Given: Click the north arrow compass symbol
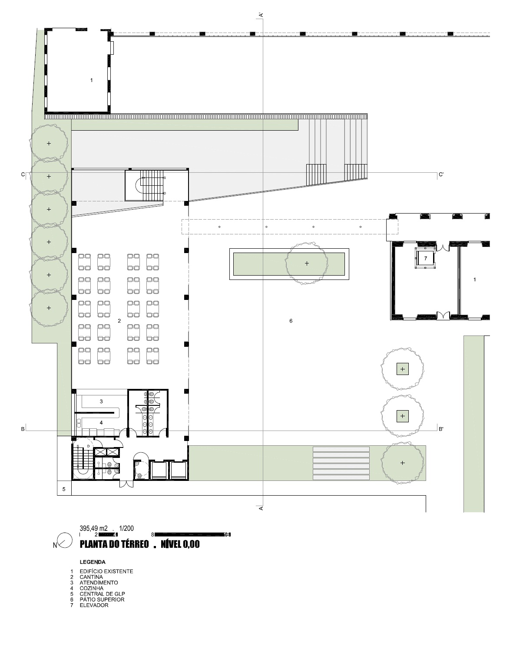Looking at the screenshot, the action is point(65,540).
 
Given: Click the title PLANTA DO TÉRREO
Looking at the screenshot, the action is point(114,544).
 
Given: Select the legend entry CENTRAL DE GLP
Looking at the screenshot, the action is point(102,594).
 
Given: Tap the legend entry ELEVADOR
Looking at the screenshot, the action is point(94,605).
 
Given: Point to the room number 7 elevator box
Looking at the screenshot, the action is point(426,258).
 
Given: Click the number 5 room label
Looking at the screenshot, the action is point(64,489).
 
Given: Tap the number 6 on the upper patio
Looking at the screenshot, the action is point(291,321).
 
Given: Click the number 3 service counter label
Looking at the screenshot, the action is point(101,401).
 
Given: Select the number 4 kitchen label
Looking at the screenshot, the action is point(101,423).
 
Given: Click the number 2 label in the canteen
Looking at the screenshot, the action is point(119,321).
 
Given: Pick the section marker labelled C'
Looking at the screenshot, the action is point(441,174).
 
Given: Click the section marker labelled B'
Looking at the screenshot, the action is point(441,429).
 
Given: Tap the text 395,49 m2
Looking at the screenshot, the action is point(94,528).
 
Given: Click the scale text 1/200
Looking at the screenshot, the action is point(126,528).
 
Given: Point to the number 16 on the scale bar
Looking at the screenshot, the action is point(227,535).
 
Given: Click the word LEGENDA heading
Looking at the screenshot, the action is point(93,562).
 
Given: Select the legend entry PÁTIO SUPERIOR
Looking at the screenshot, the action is point(102,599).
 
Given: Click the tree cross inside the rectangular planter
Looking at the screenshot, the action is point(307,263).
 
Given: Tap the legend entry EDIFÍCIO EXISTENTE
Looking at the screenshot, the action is point(106,572).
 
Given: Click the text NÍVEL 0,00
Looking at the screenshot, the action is point(180,544).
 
